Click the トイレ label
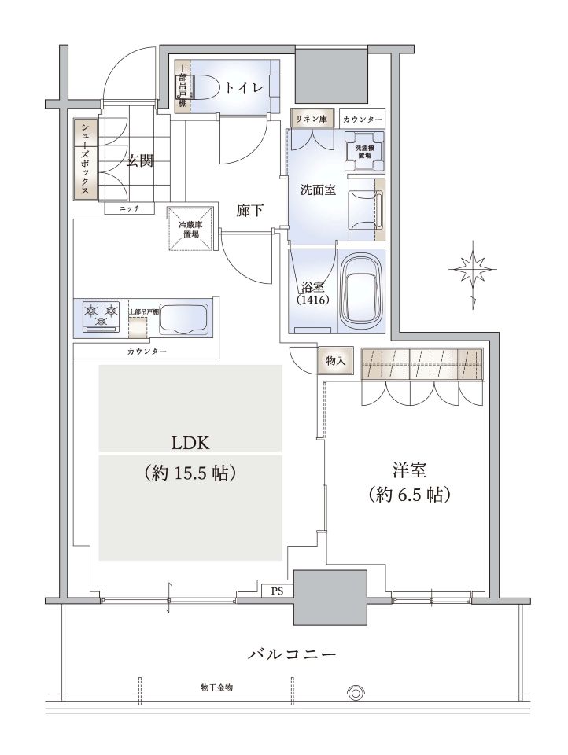(x=244, y=87)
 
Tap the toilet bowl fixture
(x=200, y=87)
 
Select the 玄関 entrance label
(x=140, y=160)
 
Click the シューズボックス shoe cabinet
(x=85, y=158)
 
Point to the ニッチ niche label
(x=130, y=208)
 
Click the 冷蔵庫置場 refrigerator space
(x=191, y=229)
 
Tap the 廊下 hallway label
(x=249, y=210)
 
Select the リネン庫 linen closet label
(x=312, y=119)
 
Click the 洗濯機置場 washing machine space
(x=365, y=152)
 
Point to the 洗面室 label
(x=318, y=190)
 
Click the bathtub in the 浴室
(x=362, y=291)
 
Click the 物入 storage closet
(x=335, y=360)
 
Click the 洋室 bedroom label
(x=409, y=470)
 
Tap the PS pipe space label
(x=277, y=591)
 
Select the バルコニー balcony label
(x=292, y=654)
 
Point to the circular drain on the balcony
(x=356, y=694)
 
